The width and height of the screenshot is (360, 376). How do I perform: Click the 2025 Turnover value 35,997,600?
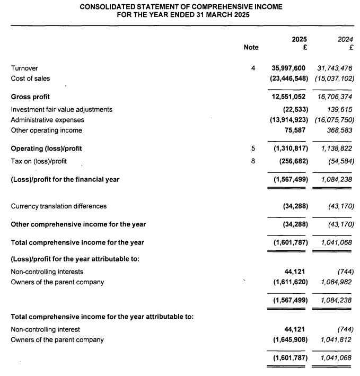point(289,68)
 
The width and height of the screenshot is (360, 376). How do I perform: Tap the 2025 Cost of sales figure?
point(289,78)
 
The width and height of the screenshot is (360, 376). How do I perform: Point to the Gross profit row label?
point(30,97)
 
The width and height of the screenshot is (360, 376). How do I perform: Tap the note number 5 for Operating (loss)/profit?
point(253,148)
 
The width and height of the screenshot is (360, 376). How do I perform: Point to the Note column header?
point(251,47)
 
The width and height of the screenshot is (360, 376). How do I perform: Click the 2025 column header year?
point(300,39)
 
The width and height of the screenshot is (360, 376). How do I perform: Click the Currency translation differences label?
point(59,206)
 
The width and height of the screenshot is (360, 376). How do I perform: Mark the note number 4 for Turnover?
point(253,68)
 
